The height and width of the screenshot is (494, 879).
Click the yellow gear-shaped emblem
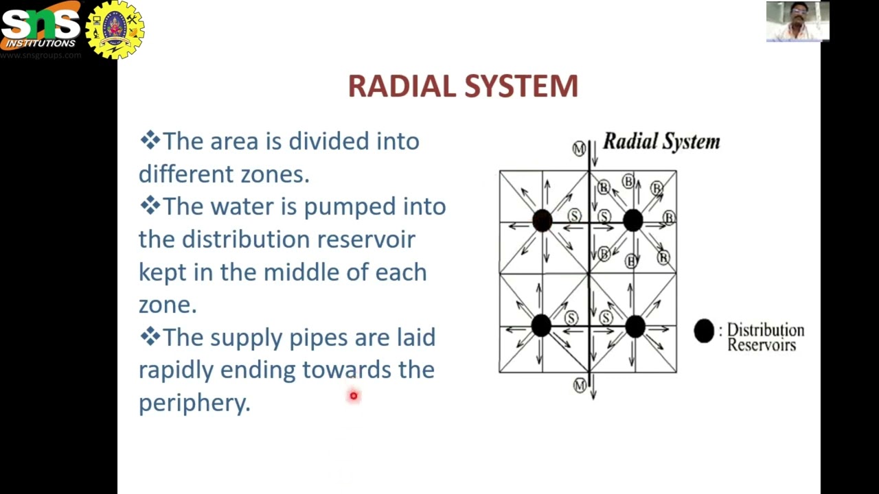[115, 30]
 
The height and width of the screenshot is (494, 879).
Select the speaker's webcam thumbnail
[797, 21]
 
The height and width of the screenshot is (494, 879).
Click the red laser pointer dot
[354, 396]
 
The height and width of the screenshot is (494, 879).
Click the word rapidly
[176, 370]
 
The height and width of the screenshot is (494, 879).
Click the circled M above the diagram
[579, 148]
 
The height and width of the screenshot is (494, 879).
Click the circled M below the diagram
[580, 386]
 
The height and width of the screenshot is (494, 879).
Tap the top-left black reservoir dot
[542, 221]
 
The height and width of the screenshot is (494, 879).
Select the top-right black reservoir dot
[632, 221]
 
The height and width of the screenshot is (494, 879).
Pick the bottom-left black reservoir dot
[541, 326]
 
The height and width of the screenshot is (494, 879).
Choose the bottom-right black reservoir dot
[635, 326]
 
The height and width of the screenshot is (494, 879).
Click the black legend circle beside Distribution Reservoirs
[704, 331]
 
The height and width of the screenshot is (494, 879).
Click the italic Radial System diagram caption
[661, 142]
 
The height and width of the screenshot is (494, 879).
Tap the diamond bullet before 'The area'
[149, 141]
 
